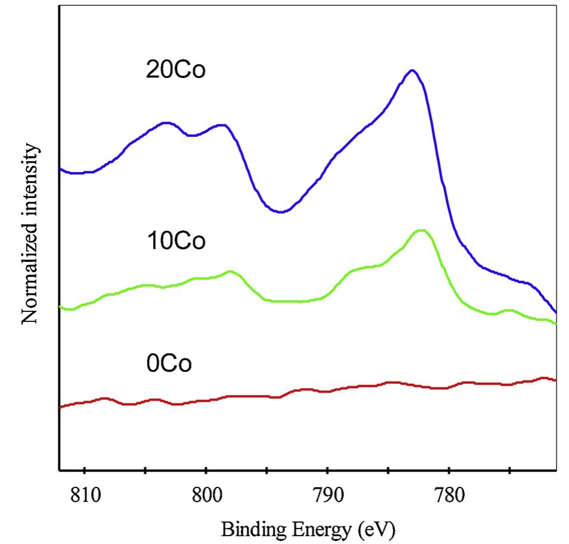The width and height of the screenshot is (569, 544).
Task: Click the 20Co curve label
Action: click(x=176, y=71)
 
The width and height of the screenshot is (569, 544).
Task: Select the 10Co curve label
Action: click(x=176, y=242)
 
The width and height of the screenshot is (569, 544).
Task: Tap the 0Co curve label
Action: click(x=169, y=363)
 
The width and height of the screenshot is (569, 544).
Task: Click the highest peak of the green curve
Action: click(x=421, y=230)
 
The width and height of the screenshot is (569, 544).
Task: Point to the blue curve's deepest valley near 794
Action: click(x=281, y=211)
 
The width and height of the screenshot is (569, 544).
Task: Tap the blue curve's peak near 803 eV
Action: click(x=167, y=123)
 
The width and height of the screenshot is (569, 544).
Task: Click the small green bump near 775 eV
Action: click(x=508, y=310)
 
